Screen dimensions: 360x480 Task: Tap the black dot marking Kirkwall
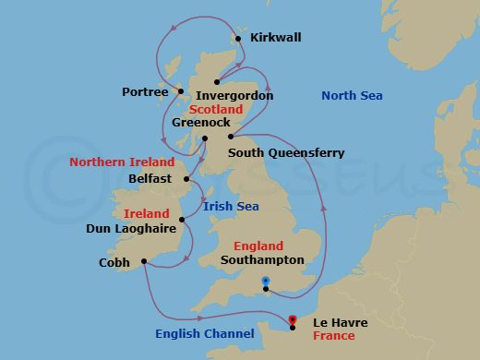[x=238, y=39]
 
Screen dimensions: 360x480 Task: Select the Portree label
[x=145, y=91]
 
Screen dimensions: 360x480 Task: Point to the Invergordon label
[x=235, y=95]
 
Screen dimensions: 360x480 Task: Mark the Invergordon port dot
[x=218, y=81]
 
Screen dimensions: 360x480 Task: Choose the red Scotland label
[x=216, y=109]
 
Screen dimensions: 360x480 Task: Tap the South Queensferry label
[x=286, y=152]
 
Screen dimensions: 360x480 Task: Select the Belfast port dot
[x=186, y=179]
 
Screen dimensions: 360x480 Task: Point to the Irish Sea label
[x=231, y=206]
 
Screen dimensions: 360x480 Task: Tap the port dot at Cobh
[x=144, y=261]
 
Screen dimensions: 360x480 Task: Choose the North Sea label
[x=352, y=96]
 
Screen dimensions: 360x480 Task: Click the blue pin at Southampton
[x=265, y=281]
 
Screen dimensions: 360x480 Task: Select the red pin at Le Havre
[x=292, y=320]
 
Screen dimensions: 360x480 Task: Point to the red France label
[x=333, y=336]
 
